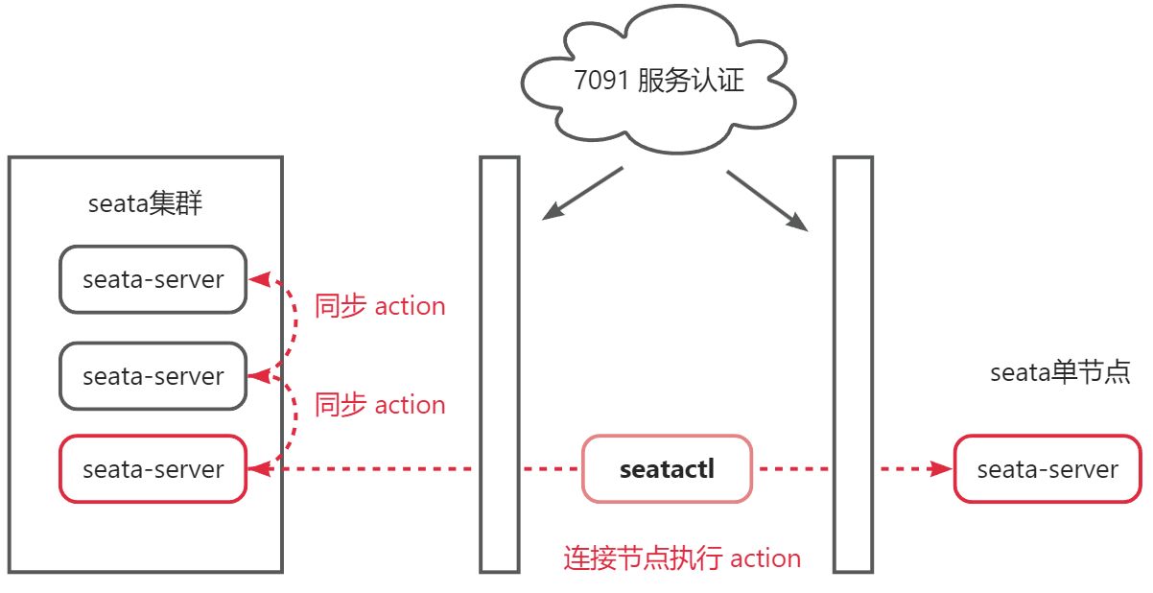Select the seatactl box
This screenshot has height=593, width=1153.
pyautogui.click(x=668, y=469)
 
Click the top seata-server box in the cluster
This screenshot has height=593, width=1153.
pyautogui.click(x=153, y=279)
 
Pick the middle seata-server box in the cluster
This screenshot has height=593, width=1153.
pyautogui.click(x=153, y=376)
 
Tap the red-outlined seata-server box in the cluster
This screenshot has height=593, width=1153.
pyautogui.click(x=153, y=469)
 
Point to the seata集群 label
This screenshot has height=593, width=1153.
pyautogui.click(x=146, y=204)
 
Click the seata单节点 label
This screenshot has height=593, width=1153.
pyautogui.click(x=1060, y=372)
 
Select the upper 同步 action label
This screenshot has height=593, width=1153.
pyautogui.click(x=380, y=307)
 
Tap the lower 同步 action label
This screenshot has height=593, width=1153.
pyautogui.click(x=380, y=405)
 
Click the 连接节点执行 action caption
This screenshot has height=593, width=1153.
pyautogui.click(x=681, y=558)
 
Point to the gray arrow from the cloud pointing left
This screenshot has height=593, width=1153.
pyautogui.click(x=581, y=194)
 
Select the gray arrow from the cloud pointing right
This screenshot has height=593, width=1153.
pyautogui.click(x=767, y=202)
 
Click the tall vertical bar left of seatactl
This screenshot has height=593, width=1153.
pyautogui.click(x=499, y=365)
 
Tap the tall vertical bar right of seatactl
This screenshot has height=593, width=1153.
pyautogui.click(x=853, y=365)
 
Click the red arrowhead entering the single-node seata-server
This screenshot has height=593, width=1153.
pyautogui.click(x=942, y=469)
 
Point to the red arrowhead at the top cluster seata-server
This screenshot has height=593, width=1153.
pyautogui.click(x=257, y=279)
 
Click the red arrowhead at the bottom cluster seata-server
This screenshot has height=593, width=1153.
pyautogui.click(x=257, y=469)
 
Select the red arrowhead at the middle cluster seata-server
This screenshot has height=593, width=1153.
pyautogui.click(x=257, y=376)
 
